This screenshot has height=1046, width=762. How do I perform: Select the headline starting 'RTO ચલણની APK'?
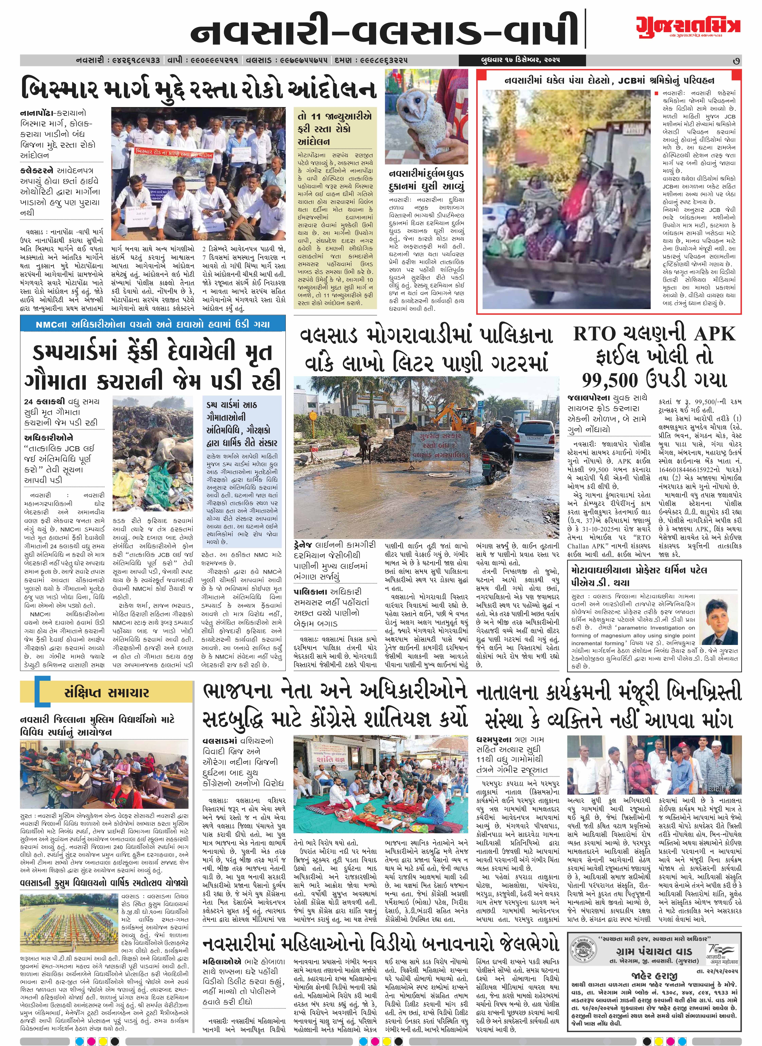(654, 333)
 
